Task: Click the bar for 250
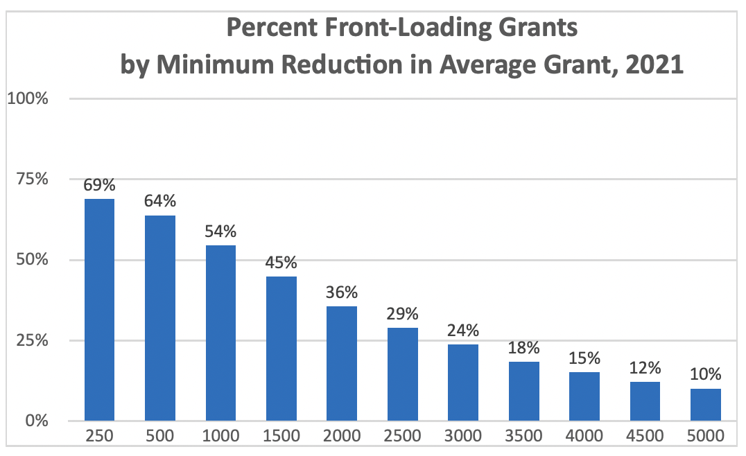point(99,310)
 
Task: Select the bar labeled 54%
point(220,333)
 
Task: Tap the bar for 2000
point(342,363)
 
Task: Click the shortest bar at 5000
point(706,405)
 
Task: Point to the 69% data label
point(99,185)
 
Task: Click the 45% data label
point(281,263)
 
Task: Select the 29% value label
point(403,314)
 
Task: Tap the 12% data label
point(645,368)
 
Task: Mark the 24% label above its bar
point(463,331)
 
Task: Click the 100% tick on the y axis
point(27,98)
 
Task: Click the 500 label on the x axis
point(160,437)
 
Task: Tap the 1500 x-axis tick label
point(281,437)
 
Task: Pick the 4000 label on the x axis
point(584,437)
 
